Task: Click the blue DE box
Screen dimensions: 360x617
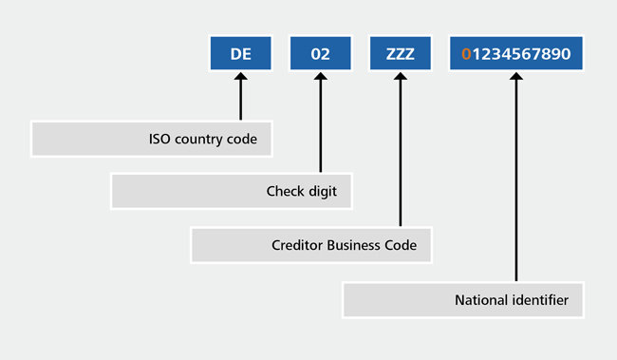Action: click(241, 53)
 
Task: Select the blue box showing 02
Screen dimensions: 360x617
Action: click(321, 53)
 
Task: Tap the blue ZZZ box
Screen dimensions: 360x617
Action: click(401, 53)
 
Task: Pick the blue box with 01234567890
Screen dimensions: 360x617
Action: click(516, 53)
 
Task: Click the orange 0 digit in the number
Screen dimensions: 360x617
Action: click(466, 54)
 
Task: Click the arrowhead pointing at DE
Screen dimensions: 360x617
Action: click(241, 77)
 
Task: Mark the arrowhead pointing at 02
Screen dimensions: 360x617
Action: click(321, 77)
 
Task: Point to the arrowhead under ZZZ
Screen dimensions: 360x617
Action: click(401, 77)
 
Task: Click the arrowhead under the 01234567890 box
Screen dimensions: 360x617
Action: click(516, 77)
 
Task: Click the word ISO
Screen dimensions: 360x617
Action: click(160, 138)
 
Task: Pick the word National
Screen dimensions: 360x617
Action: click(479, 300)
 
